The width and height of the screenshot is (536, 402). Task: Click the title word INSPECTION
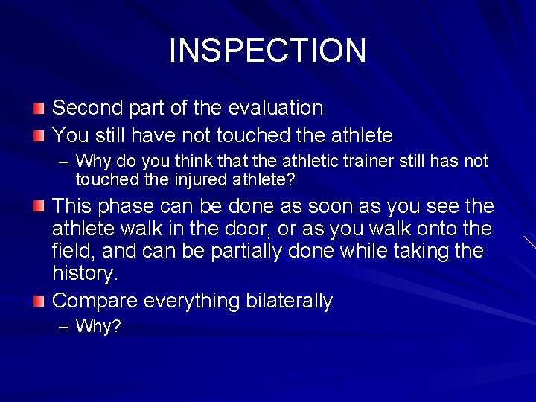coord(267,51)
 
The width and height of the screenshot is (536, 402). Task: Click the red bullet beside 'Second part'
coord(39,109)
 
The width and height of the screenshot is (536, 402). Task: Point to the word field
coord(71,251)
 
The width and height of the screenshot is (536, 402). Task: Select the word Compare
coord(95,301)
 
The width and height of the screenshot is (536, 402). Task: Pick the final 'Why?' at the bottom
coord(98,327)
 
